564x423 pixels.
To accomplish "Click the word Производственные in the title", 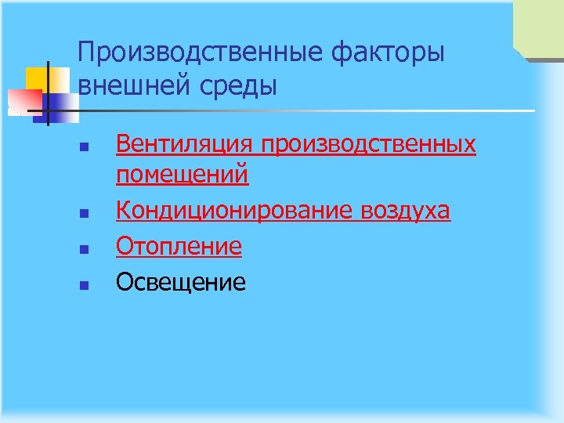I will [x=201, y=53].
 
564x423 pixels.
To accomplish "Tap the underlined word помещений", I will [x=182, y=174].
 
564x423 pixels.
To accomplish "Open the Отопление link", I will [x=179, y=247].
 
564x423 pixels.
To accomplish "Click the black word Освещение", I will [x=180, y=282].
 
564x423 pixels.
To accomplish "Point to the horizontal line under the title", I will [x=313, y=110].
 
